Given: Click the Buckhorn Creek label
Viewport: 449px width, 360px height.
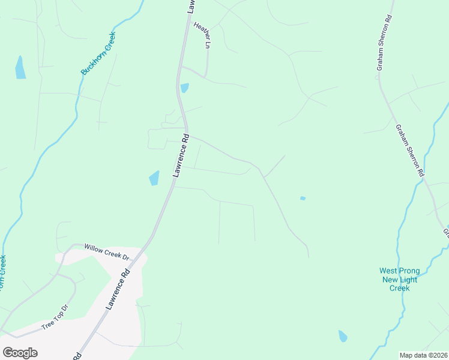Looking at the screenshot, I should (x=98, y=53).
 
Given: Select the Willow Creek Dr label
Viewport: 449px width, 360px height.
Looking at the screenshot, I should (x=107, y=251).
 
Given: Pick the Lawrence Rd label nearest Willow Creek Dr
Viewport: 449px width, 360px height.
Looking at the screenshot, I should (x=118, y=289).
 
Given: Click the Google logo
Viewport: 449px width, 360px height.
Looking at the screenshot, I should (x=20, y=353).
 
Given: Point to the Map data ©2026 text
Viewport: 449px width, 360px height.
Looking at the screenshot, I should (x=423, y=355).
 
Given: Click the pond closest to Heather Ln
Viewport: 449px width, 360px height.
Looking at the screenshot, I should (x=184, y=88).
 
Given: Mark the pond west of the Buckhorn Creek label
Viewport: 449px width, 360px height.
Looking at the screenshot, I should (x=20, y=68).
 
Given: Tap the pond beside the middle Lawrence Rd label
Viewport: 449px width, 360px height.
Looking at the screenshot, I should (x=154, y=178).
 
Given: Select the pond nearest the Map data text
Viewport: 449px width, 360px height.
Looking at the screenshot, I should (x=343, y=336).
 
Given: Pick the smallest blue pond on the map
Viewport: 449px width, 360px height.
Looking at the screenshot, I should (x=303, y=198).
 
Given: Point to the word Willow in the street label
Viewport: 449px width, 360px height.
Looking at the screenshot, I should (x=94, y=247).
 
